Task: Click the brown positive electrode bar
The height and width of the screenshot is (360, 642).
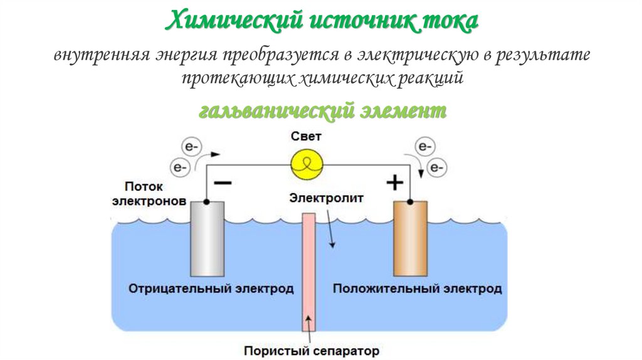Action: click(410, 238)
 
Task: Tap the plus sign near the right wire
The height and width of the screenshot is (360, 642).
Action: click(394, 183)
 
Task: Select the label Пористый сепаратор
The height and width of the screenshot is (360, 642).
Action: click(312, 350)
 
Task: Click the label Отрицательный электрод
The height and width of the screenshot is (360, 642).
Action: click(211, 289)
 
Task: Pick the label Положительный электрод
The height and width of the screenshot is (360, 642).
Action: click(417, 289)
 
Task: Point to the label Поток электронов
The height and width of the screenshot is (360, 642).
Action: click(148, 194)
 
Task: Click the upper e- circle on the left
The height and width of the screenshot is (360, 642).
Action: click(191, 147)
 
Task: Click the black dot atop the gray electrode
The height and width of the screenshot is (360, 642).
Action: click(206, 202)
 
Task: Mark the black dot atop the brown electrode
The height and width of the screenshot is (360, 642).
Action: click(410, 202)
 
